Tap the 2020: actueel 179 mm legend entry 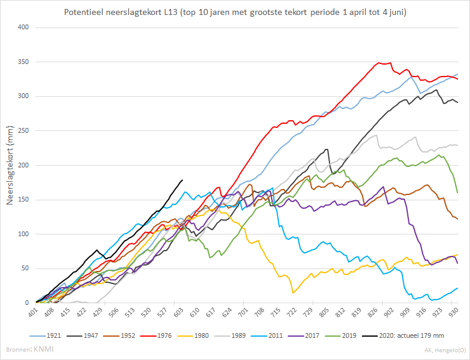coord(403,335)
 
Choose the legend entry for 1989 coord(230,335)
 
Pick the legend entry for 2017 coord(303,335)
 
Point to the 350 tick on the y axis coord(23,62)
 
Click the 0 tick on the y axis coord(27,303)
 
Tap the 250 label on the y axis coord(23,131)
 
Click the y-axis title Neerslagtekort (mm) coord(10,165)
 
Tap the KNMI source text coord(44,349)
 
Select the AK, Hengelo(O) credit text coord(445,350)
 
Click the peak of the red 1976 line coord(379,63)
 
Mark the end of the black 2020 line coord(182,180)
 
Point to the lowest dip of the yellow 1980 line coord(293,293)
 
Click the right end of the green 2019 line coord(457,193)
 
